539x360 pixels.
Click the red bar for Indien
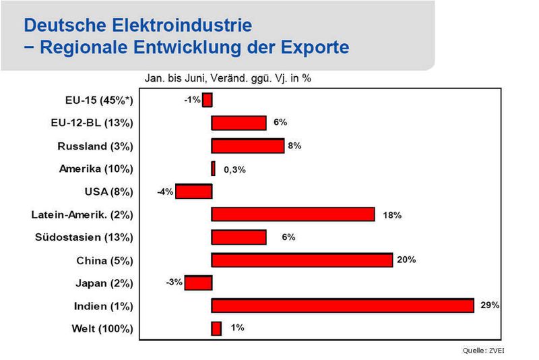coord(343,305)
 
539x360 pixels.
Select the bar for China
coord(302,260)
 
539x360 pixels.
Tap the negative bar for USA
coord(194,191)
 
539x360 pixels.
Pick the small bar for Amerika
coord(214,169)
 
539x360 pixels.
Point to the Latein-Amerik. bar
coord(293,214)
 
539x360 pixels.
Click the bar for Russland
coord(248,146)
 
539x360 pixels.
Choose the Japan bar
coord(198,282)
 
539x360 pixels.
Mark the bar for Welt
coord(216,328)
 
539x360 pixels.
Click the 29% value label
coord(490,305)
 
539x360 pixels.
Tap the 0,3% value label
coord(234,169)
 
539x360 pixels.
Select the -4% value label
coord(165,191)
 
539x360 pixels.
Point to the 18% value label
coord(392,215)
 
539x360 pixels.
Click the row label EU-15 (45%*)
coord(99,100)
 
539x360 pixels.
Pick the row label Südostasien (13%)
coord(84,237)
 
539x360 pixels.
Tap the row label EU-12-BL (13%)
coord(92,123)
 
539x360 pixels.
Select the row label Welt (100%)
coord(102,329)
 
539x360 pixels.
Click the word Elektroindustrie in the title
coord(182,25)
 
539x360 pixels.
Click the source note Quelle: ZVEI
coord(483,351)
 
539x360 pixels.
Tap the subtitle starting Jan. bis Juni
coord(228,78)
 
